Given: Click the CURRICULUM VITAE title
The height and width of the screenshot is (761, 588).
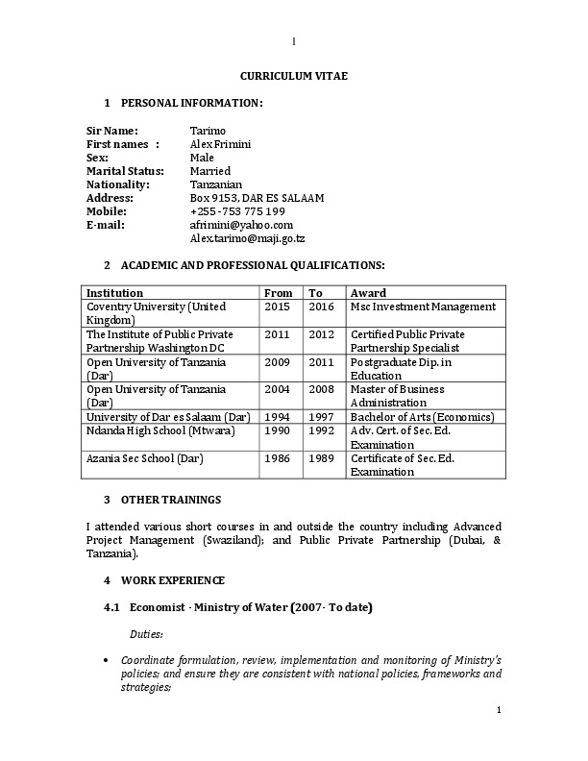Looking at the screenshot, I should (294, 75).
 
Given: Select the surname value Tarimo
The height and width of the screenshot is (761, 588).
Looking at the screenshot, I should (208, 130).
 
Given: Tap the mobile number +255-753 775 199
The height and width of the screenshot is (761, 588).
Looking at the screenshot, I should (237, 211).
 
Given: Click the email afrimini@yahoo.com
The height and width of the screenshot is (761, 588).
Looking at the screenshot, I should (241, 225).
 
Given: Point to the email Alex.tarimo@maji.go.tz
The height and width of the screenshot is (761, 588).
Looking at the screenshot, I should (248, 238).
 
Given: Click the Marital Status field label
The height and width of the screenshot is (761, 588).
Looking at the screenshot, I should (126, 171).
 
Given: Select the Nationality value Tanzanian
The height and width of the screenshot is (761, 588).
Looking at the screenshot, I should (216, 184).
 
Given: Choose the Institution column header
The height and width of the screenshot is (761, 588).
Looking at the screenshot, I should (115, 293).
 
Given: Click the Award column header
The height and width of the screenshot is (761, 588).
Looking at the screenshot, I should (368, 293).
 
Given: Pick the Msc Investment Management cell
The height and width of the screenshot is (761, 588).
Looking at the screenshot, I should (423, 307).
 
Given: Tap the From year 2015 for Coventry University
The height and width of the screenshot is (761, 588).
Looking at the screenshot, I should (277, 307).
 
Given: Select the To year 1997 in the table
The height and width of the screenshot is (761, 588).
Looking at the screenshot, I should (321, 417).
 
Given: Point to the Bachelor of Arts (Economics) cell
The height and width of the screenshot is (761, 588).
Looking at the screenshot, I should (422, 417).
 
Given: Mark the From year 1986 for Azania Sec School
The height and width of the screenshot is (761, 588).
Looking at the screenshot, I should (277, 458).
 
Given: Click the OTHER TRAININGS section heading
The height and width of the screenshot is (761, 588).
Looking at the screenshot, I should (171, 500).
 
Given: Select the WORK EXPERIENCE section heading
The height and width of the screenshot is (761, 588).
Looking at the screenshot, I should (173, 580).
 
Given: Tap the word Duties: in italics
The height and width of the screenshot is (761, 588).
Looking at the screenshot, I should (146, 635).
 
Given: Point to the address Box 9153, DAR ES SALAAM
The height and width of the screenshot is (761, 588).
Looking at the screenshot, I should (257, 198).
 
